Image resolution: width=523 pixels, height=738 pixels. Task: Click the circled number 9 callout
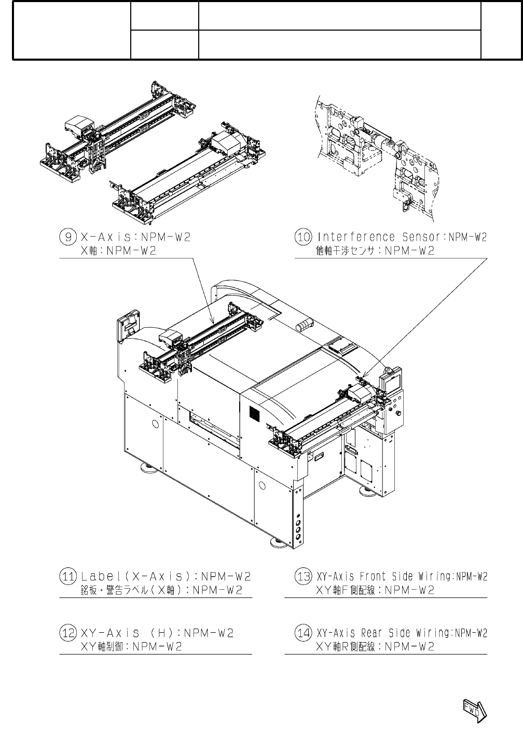click(x=68, y=237)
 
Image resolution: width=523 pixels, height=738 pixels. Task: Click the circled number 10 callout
click(x=303, y=237)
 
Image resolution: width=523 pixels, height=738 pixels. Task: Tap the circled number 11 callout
click(x=68, y=576)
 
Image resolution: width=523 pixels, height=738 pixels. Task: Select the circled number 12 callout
click(x=68, y=633)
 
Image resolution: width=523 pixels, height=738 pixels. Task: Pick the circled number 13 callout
click(x=303, y=576)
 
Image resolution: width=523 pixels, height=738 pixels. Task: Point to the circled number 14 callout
click(x=303, y=633)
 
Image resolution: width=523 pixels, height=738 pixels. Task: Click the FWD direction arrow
click(x=474, y=709)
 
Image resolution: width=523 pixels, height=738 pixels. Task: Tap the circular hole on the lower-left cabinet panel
click(x=155, y=424)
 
